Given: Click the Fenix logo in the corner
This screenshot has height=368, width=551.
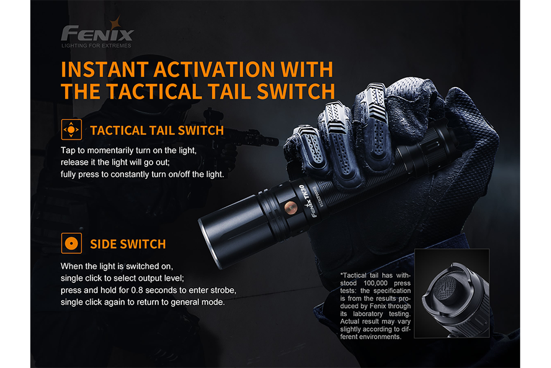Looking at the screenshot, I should (97, 33).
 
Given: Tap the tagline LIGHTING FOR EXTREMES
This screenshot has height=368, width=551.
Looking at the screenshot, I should (96, 45).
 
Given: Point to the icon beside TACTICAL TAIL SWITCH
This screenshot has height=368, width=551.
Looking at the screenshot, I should (71, 129).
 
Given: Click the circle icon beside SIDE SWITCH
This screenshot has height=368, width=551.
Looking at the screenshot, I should (71, 243).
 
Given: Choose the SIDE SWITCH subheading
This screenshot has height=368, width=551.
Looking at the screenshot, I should (128, 244).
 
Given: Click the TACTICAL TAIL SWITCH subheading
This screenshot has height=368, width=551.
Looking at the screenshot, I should (157, 130).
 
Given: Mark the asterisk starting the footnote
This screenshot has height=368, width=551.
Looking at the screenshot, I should (341, 275).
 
